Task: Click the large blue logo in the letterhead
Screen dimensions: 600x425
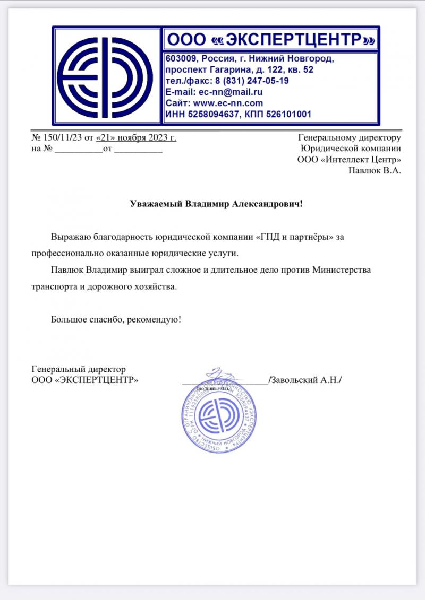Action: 107,76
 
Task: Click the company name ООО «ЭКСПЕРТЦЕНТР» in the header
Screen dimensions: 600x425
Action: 271,39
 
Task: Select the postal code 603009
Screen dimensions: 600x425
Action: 182,59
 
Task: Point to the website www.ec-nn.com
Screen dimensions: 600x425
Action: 228,103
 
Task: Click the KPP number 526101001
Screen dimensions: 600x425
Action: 285,114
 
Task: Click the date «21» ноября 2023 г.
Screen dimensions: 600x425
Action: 135,138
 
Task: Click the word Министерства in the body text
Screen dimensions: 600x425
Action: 341,270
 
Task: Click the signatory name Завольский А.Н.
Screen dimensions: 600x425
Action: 305,379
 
